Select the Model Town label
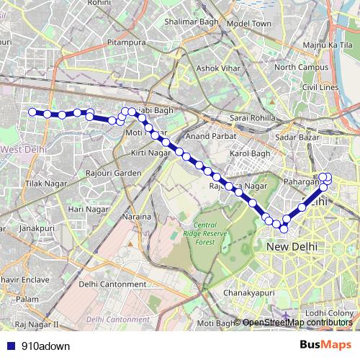pyautogui.click(x=248, y=24)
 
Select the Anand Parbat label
pyautogui.click(x=206, y=135)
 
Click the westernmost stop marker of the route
pyautogui.click(x=32, y=112)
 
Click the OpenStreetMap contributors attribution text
pyautogui.click(x=297, y=323)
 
